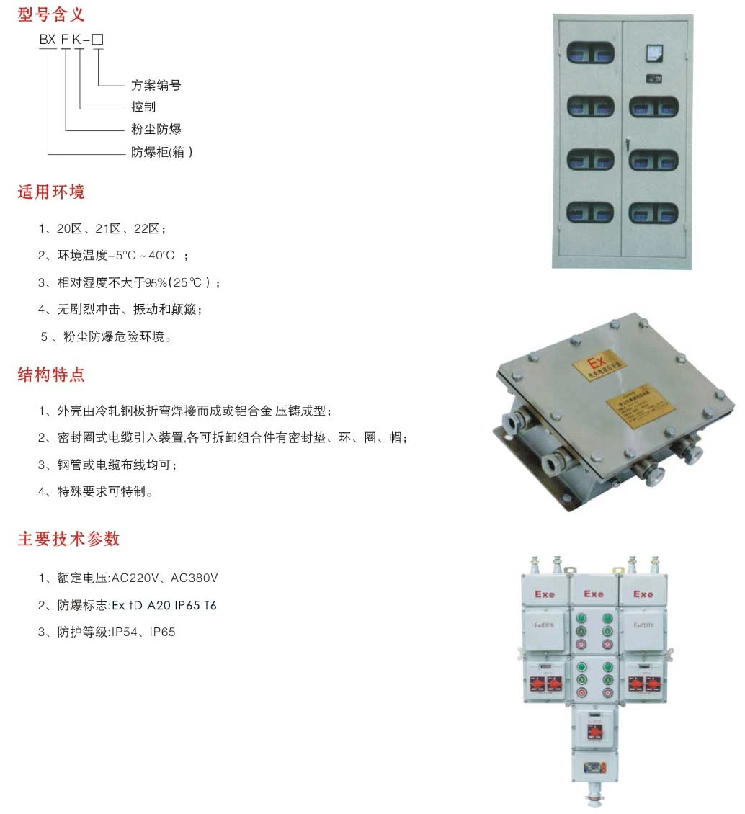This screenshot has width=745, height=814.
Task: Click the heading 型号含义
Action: click(x=51, y=13)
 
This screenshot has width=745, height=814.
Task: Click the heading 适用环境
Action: click(x=51, y=192)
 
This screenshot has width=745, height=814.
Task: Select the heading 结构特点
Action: click(x=51, y=375)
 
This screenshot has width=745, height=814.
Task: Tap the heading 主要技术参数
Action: click(x=68, y=539)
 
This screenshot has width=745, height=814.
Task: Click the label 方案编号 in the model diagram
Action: click(x=156, y=85)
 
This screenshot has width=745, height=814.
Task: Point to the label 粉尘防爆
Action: click(x=156, y=130)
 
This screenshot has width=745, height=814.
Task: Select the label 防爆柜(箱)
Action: click(x=161, y=152)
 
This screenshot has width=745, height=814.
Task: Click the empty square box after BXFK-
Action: click(x=98, y=40)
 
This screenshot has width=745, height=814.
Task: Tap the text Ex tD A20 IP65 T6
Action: click(x=164, y=605)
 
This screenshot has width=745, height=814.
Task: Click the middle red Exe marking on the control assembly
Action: click(x=594, y=594)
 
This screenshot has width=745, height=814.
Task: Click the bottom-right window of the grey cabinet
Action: click(x=653, y=212)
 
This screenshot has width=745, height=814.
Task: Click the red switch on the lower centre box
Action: click(x=594, y=732)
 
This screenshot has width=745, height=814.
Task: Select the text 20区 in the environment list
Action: click(x=70, y=228)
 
